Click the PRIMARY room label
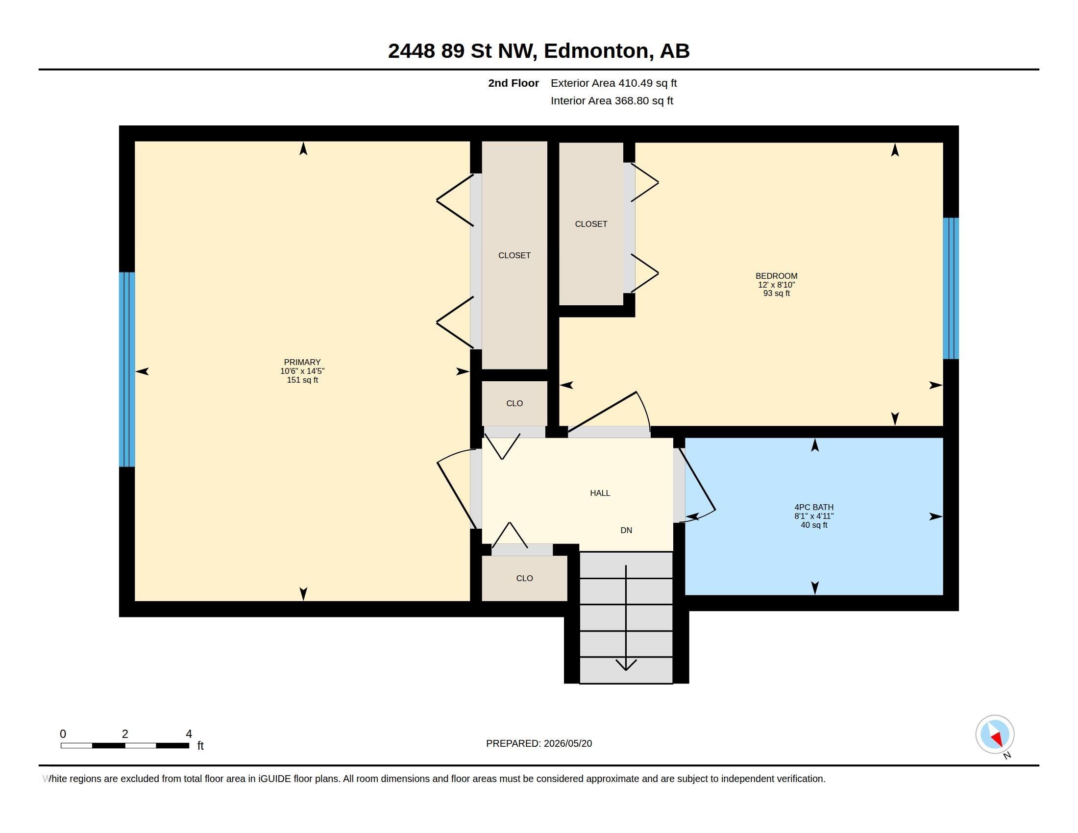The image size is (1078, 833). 302,362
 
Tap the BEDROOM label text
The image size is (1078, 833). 777,276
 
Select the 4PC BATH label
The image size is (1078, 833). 814,507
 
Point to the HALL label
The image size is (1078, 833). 600,493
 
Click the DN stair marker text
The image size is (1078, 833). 626,531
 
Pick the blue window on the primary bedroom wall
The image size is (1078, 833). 127,369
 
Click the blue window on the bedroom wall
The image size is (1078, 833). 951,288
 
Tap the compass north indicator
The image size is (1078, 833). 995,735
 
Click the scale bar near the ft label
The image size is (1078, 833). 125,745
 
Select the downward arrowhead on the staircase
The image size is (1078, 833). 626,665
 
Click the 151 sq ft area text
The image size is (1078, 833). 302,380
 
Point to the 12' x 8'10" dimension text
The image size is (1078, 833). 777,285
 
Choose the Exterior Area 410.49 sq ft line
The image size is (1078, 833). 613,83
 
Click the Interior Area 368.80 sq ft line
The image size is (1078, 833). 612,100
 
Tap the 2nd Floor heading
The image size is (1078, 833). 514,83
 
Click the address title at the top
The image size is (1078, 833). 539,50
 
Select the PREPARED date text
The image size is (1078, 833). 539,743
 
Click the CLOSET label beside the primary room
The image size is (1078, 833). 514,255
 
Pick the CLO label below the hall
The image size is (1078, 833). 524,578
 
